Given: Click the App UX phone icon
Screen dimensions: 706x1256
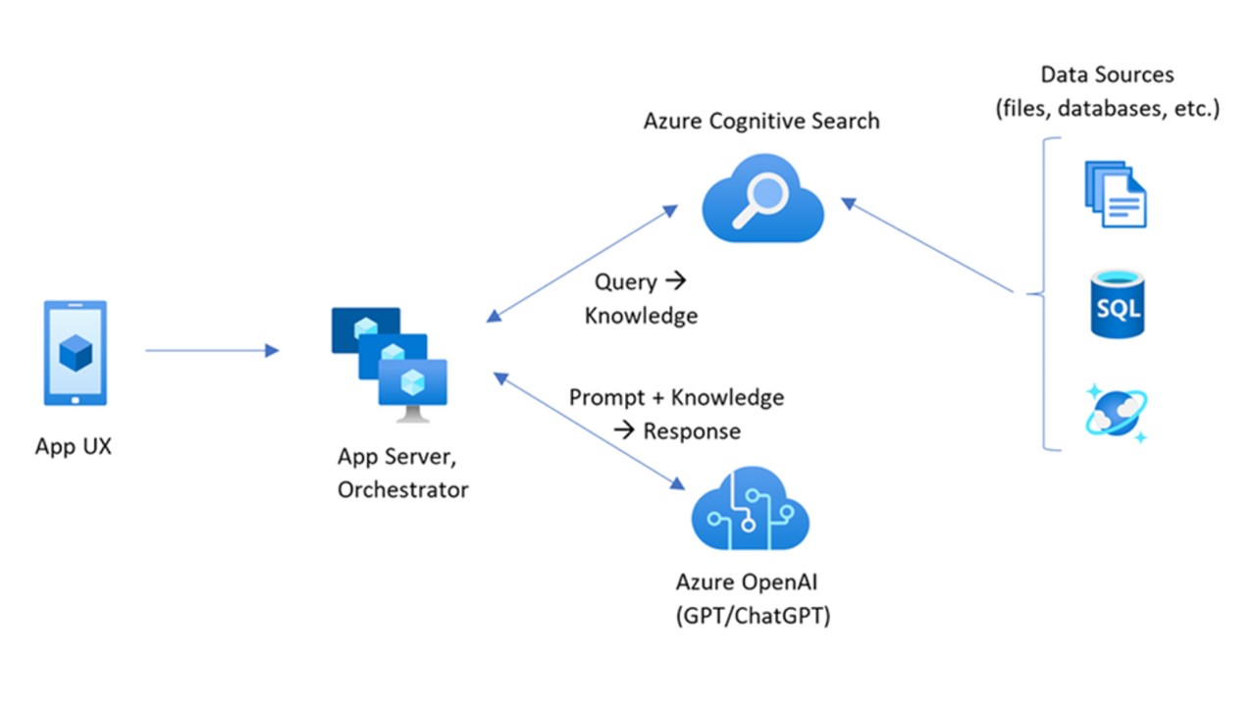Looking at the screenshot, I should coord(76,353).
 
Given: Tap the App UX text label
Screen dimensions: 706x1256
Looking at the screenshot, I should coord(74,446).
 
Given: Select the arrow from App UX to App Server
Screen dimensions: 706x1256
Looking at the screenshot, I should coord(211,350).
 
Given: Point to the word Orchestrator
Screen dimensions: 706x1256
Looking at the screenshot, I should coord(402,489).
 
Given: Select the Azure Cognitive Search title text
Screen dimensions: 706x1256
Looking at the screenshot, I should coord(761,121).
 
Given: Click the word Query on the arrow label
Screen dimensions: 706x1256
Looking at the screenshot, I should coord(625,282).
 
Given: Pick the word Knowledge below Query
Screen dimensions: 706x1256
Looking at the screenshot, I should coord(641,316).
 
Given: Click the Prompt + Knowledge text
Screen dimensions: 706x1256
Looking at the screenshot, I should coord(677,397).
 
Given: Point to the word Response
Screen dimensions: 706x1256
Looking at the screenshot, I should coord(692,430).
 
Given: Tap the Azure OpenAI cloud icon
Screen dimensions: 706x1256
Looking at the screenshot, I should coord(751,508).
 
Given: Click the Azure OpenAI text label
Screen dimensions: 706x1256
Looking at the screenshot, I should coord(747,582).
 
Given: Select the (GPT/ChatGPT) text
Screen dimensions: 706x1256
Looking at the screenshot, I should coord(753,617).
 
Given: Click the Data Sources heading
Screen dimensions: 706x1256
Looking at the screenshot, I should coord(1107,76).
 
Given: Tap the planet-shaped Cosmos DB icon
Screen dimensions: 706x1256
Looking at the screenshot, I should coord(1117,413).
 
